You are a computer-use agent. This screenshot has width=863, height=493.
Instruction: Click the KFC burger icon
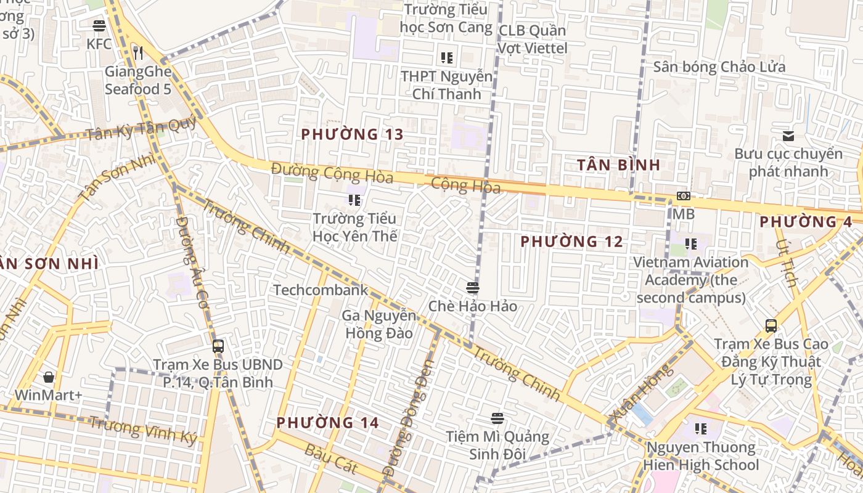[x=99, y=26]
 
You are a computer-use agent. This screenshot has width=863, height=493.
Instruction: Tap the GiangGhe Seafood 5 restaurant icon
[x=138, y=54]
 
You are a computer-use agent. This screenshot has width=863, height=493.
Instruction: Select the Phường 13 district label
[x=352, y=134]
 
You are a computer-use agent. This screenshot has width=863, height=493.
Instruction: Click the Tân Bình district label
[x=619, y=165]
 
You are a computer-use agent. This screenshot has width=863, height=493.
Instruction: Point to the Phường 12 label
[x=571, y=242]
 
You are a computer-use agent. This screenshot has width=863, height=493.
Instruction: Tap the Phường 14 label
[x=327, y=423]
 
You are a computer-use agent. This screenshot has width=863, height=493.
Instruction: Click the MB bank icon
[x=683, y=196]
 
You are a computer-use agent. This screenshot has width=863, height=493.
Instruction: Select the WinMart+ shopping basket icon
[x=49, y=377]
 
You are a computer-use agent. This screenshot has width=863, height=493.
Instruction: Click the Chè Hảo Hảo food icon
[x=473, y=288]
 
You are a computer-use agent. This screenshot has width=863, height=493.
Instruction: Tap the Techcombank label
[x=321, y=290]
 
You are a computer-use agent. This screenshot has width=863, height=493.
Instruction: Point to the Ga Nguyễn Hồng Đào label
[x=379, y=325]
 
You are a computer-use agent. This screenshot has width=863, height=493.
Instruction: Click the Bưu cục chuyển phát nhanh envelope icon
[x=788, y=136]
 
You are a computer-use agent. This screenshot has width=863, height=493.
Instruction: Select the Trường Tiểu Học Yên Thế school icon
[x=354, y=200]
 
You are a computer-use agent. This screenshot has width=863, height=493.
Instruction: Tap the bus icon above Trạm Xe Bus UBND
[x=218, y=346]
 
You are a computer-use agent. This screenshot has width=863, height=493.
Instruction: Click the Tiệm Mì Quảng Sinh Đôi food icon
[x=497, y=418]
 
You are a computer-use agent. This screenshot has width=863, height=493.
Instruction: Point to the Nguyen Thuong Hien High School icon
[x=700, y=428]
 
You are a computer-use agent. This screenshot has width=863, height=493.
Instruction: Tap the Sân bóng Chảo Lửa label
[x=719, y=67]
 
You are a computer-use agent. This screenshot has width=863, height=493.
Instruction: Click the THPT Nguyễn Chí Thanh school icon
[x=447, y=58]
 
